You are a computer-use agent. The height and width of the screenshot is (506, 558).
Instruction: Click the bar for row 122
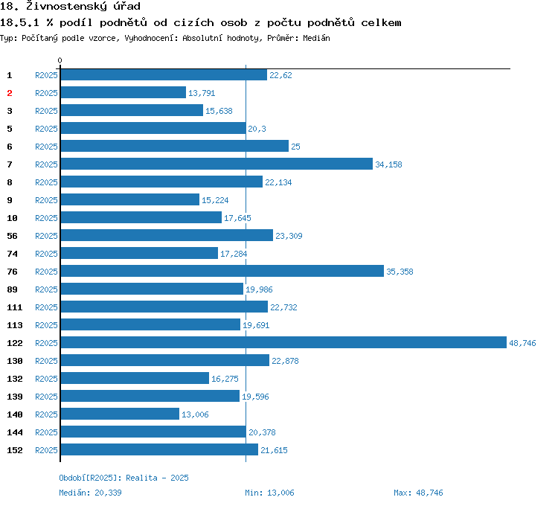coord(283,342)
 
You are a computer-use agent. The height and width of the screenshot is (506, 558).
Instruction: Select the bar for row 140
coord(120,414)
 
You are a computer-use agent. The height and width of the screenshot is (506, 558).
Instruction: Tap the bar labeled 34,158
coord(216,164)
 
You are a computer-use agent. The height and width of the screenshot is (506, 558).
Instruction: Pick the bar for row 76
coord(222,271)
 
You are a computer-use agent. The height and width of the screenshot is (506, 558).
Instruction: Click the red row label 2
coord(10,93)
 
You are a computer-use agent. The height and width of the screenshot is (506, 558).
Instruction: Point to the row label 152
coord(14,450)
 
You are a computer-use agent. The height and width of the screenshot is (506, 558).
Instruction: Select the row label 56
coord(12,236)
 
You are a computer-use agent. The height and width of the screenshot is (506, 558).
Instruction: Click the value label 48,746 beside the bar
coord(522,343)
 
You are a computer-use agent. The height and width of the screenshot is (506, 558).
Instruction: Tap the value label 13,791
coord(202,93)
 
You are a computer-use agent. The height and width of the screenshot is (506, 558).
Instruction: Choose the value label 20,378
coord(262,432)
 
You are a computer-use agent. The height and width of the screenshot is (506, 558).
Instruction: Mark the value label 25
coord(295,147)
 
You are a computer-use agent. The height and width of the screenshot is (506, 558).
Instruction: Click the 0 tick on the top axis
coord(60,60)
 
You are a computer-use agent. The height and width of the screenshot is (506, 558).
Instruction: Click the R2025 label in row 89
coord(46,289)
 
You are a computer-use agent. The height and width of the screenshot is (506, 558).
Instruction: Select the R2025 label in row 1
coord(46,75)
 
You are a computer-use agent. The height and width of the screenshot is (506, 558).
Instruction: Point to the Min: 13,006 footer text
coord(269,493)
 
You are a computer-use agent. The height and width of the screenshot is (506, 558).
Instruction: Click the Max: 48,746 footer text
coord(418,493)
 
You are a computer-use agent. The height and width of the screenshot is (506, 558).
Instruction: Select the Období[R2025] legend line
coord(124,478)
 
